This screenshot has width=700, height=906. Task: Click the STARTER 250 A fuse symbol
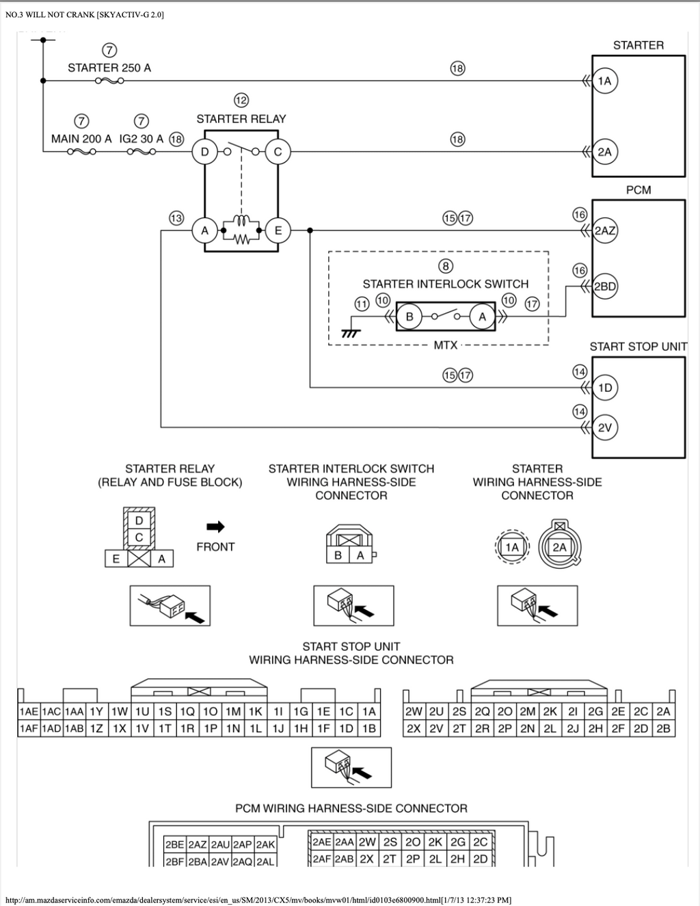(x=109, y=81)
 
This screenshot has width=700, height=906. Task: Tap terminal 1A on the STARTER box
(x=604, y=81)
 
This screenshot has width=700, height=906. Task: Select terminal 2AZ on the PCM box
(x=604, y=230)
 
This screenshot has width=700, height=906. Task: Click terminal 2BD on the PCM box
(x=604, y=287)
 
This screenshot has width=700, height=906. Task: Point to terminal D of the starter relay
(x=204, y=152)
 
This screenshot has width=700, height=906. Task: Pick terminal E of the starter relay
(x=278, y=230)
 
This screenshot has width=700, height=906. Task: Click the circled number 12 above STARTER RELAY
(x=241, y=100)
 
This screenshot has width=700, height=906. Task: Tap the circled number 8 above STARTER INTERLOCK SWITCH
(x=446, y=266)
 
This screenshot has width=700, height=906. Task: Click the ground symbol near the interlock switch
(x=351, y=334)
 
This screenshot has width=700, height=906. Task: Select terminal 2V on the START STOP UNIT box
(x=604, y=427)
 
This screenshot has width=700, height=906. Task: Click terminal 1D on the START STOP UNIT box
(x=604, y=388)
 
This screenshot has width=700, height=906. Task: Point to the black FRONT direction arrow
(x=215, y=527)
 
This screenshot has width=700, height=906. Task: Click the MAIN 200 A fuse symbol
(x=81, y=152)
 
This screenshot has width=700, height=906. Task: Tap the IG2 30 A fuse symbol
(x=142, y=152)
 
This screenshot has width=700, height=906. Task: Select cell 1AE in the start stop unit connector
(x=29, y=711)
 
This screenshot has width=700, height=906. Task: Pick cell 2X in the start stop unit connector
(x=414, y=728)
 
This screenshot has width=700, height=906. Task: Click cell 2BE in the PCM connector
(x=174, y=844)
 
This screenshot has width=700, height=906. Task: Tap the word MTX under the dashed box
(x=446, y=345)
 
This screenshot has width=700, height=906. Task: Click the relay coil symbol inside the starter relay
(x=241, y=219)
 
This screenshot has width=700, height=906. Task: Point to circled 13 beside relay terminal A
(x=176, y=218)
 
